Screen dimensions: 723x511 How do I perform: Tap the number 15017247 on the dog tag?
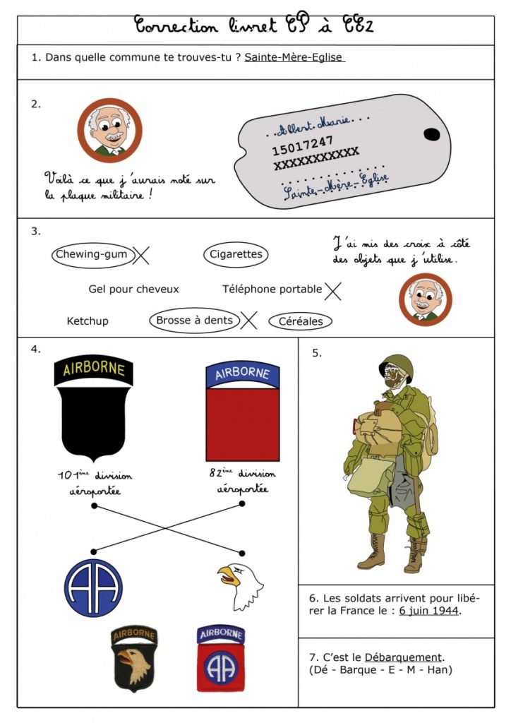pos(302,141)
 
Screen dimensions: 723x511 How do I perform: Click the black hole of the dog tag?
pos(431,134)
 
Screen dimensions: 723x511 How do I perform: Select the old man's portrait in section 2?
pos(109,131)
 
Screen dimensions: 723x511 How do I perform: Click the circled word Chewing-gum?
pos(92,255)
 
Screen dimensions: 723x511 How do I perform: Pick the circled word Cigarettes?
pos(236,255)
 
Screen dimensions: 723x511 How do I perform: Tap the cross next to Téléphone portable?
pos(332,290)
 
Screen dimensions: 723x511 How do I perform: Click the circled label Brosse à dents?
pos(194,321)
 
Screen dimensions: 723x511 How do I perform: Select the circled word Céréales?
pos(300,321)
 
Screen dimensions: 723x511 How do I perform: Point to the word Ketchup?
pos(88,321)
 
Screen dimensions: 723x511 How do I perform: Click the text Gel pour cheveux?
pos(133,289)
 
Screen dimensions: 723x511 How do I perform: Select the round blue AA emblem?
pos(93,587)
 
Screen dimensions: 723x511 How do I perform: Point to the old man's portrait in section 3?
pos(425,300)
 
